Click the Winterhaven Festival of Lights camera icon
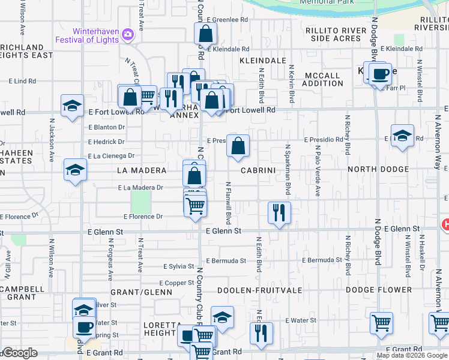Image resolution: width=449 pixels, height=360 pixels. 127,34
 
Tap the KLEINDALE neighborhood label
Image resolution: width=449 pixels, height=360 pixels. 262,61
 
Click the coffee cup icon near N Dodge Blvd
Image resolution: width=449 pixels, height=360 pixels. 380,74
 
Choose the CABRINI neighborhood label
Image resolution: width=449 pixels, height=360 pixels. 258,170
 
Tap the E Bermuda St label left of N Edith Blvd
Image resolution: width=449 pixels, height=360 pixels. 226,260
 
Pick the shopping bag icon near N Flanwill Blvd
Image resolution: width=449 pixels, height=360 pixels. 238,146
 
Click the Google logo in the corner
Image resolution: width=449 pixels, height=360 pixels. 19,352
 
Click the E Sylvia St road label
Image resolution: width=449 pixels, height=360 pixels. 180,266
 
